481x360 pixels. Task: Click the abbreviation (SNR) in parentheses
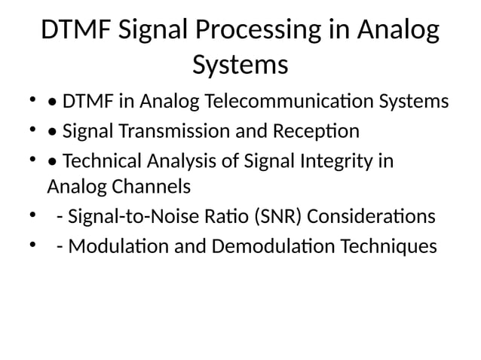278,217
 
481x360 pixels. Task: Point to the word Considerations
371,217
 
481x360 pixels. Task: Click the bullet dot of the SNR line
32,217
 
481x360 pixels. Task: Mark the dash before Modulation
60,247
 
